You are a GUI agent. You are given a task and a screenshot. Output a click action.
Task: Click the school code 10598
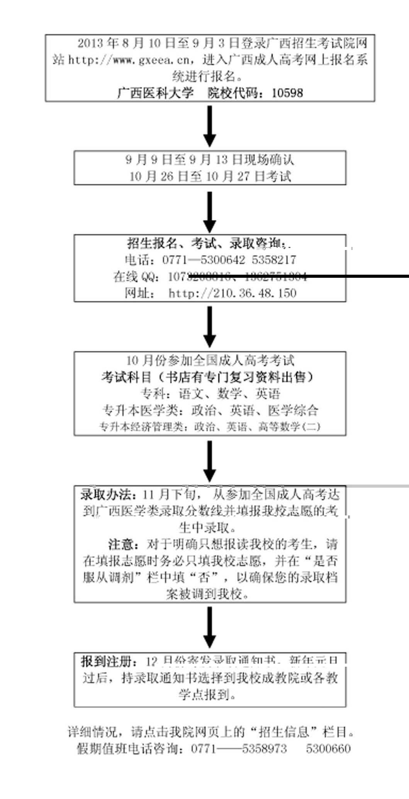tap(287, 93)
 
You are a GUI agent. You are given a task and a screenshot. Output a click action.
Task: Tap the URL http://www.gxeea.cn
tap(129, 60)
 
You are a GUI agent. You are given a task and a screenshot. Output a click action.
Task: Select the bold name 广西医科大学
tap(155, 93)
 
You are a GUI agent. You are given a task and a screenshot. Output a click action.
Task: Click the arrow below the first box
tap(210, 125)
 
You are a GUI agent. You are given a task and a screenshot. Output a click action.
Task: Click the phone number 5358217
tap(274, 260)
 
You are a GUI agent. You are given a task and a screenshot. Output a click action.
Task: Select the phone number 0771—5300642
tap(203, 260)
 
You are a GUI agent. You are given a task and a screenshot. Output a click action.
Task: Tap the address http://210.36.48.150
tap(233, 293)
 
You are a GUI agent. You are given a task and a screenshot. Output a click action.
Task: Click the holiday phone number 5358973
tap(264, 749)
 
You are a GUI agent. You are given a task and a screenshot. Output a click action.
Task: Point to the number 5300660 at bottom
tap(328, 749)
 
